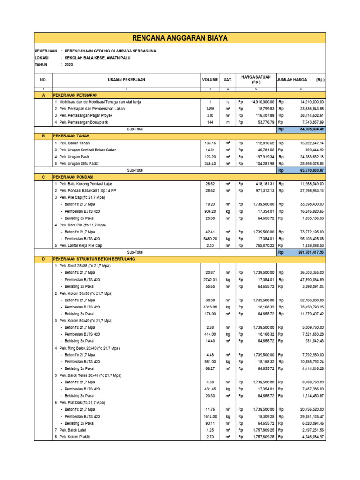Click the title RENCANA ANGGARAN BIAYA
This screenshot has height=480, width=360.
180,38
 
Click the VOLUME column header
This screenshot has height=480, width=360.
210,80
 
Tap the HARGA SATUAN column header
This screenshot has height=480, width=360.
255,79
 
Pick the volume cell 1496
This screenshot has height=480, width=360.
210,108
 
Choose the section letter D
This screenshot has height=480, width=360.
43,259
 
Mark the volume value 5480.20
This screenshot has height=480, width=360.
210,238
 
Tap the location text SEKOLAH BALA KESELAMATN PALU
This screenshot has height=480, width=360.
97,58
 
